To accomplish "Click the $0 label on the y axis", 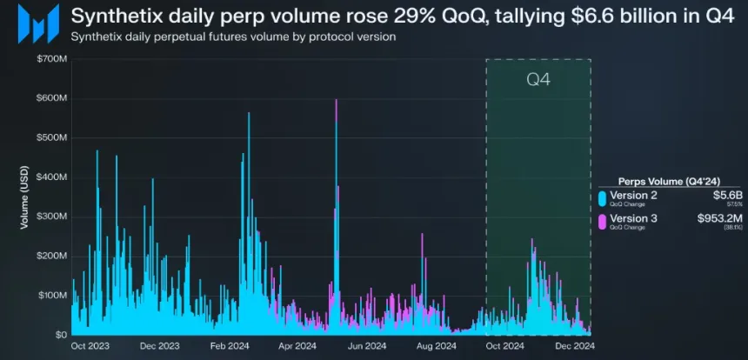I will point(59,335).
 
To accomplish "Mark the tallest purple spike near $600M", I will point(336,103).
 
